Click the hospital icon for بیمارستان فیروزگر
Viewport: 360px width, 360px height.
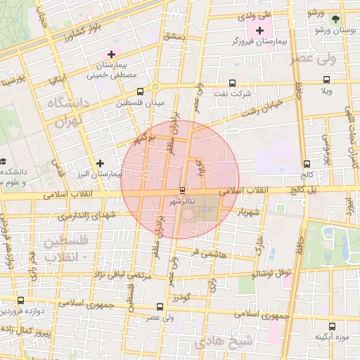261,30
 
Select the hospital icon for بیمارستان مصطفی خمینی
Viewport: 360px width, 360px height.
110,54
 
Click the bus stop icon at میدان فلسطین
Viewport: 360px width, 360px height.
141,91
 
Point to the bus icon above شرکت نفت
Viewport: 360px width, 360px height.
233,83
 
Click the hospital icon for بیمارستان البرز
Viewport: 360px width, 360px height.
101,163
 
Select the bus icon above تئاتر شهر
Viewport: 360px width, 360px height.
183,191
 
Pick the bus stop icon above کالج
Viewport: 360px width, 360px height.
306,164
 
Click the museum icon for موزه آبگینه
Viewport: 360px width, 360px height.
332,326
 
